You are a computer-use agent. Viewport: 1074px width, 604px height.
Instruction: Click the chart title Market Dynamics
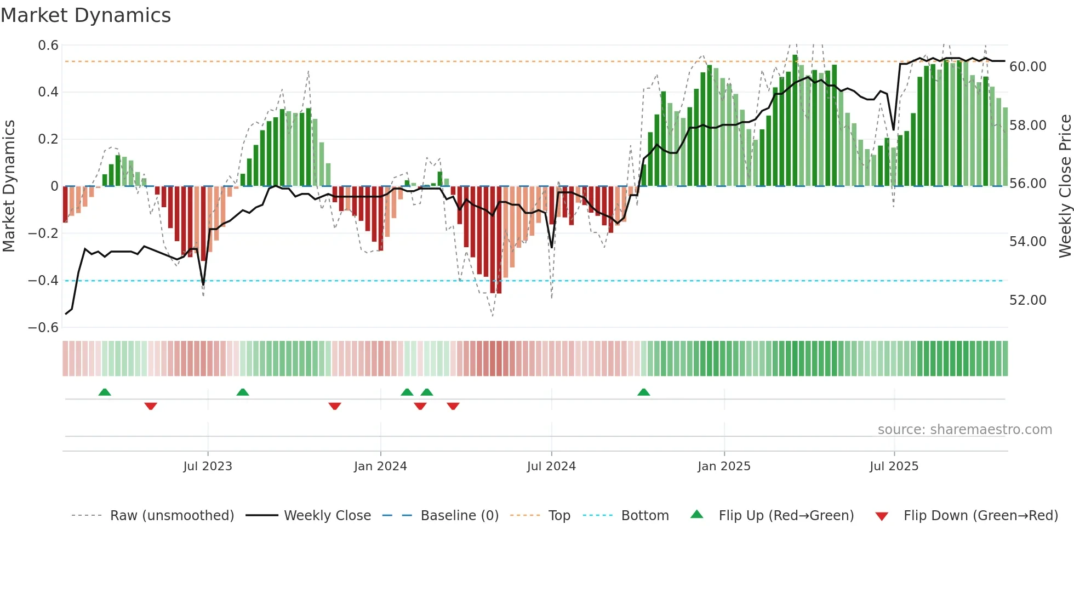[x=86, y=15]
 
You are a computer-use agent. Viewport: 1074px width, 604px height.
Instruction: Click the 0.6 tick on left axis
[x=48, y=45]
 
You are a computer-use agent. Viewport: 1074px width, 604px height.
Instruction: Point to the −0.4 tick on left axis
[x=43, y=281]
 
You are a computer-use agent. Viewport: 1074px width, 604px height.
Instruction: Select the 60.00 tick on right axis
[x=1027, y=67]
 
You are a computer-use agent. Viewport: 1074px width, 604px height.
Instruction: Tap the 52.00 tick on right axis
[x=1027, y=300]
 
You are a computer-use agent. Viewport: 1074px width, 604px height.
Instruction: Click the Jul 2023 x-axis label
[x=208, y=466]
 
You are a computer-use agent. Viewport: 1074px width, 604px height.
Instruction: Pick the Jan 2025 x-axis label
[x=724, y=466]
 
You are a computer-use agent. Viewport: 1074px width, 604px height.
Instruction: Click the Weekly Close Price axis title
[x=1065, y=186]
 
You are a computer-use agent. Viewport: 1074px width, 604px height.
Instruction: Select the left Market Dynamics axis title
[x=9, y=186]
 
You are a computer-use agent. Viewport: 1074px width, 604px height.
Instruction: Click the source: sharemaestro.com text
[x=964, y=430]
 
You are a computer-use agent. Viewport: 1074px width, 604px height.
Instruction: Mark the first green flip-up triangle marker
[x=105, y=392]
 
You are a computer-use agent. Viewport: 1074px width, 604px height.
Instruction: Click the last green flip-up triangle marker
[x=644, y=392]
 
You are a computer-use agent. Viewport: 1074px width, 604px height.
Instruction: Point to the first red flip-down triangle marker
[x=151, y=406]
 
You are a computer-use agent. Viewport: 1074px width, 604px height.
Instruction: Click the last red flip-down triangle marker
[x=453, y=406]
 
